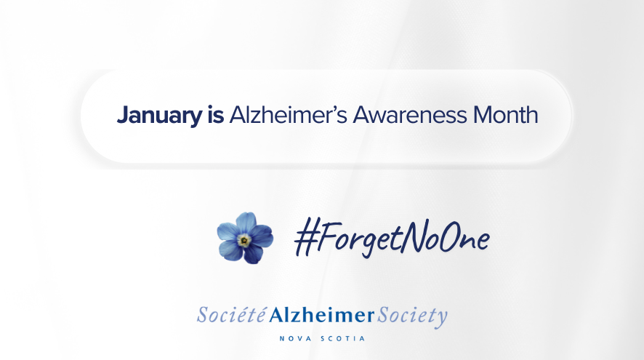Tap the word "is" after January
click(210, 116)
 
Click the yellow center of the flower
click(245, 239)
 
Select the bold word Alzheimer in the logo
click(321, 316)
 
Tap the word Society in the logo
click(412, 316)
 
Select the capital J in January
click(121, 116)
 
